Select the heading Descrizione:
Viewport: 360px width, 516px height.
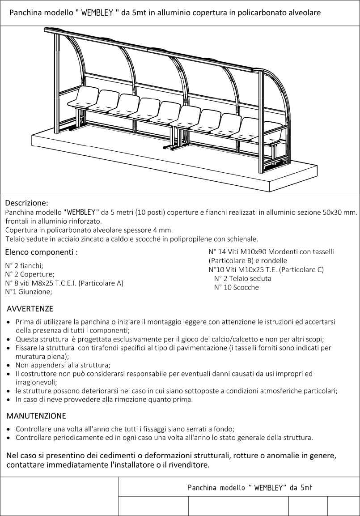pyautogui.click(x=27, y=203)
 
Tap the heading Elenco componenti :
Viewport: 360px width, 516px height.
pyautogui.click(x=41, y=252)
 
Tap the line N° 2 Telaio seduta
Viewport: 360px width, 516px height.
pyautogui.click(x=242, y=278)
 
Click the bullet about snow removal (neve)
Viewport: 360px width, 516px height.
pyautogui.click(x=104, y=399)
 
